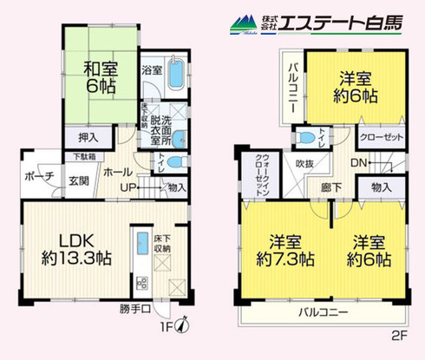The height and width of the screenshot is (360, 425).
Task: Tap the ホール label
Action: click(x=117, y=173)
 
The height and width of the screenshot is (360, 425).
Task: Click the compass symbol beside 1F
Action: click(x=181, y=325)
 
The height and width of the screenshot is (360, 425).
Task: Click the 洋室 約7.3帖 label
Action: click(x=280, y=250)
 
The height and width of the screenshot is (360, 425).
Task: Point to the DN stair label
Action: click(x=356, y=164)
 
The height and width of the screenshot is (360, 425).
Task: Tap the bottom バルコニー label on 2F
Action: click(x=326, y=311)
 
